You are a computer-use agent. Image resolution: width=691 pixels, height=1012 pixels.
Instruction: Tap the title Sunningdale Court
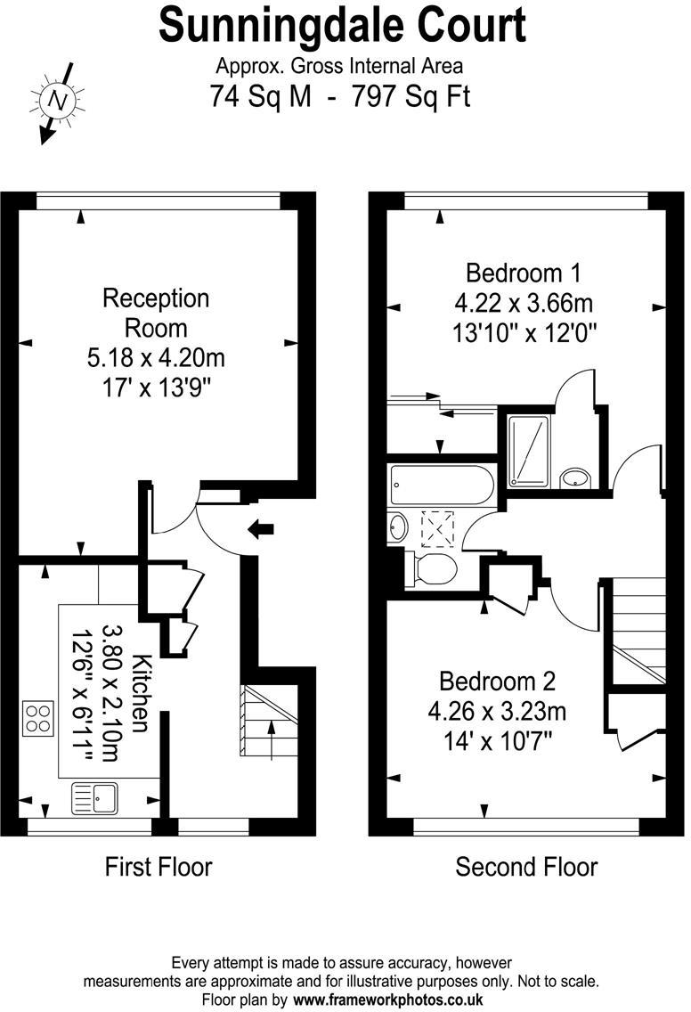click(343, 26)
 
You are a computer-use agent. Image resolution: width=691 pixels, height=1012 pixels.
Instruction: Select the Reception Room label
click(156, 313)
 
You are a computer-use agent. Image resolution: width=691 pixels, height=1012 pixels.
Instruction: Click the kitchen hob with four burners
click(37, 718)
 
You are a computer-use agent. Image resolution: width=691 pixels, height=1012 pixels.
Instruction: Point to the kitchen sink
click(94, 797)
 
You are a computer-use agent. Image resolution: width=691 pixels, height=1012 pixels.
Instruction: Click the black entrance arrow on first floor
click(261, 529)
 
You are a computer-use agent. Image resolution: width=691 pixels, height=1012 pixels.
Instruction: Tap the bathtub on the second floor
click(442, 485)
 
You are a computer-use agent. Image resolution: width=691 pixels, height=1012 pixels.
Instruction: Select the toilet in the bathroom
click(431, 568)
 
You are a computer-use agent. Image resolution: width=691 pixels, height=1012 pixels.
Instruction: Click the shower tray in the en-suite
click(528, 451)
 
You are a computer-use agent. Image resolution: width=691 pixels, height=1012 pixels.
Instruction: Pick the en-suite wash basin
click(573, 477)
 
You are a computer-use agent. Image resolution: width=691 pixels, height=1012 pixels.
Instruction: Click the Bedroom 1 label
click(524, 273)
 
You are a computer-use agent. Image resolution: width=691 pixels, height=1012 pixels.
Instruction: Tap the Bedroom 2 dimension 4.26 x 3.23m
click(497, 711)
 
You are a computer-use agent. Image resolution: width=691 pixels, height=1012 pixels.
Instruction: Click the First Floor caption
click(159, 867)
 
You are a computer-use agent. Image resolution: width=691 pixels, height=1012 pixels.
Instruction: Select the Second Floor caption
click(526, 867)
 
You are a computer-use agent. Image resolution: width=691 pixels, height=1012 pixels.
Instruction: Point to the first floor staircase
click(269, 721)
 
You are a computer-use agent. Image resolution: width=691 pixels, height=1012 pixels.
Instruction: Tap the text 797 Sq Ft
click(411, 97)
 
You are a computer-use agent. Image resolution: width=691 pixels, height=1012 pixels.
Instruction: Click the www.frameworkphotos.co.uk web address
click(387, 1000)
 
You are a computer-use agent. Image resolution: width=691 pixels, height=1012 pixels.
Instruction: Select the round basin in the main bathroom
click(398, 527)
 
